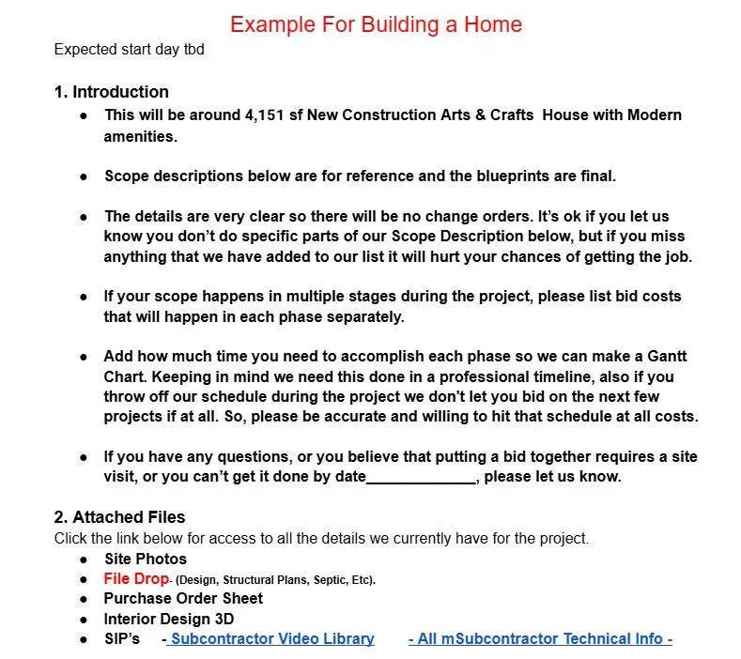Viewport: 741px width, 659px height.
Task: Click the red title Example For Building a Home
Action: pos(376,23)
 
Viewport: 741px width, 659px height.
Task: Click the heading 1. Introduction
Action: pos(112,92)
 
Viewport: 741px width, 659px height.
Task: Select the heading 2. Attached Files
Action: pos(120,517)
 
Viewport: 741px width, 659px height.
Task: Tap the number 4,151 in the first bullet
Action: pos(264,115)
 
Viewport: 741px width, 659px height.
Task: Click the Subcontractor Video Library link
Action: pos(272,639)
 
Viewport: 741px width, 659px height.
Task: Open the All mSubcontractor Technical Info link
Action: pos(540,639)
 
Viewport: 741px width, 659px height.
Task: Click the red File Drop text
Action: pos(136,579)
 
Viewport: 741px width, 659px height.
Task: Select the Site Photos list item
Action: pos(146,559)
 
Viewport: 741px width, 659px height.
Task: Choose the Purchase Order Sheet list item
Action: pos(183,599)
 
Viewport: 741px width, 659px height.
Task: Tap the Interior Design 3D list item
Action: pos(169,620)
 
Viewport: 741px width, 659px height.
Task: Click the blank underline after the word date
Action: pos(421,477)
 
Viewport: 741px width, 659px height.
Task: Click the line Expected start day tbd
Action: pos(129,50)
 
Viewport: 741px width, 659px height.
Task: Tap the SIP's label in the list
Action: pos(122,639)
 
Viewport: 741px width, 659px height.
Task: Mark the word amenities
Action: pos(140,136)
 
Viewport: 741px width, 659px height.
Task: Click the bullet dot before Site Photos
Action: pos(85,559)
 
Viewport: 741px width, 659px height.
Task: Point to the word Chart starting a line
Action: pos(124,377)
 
